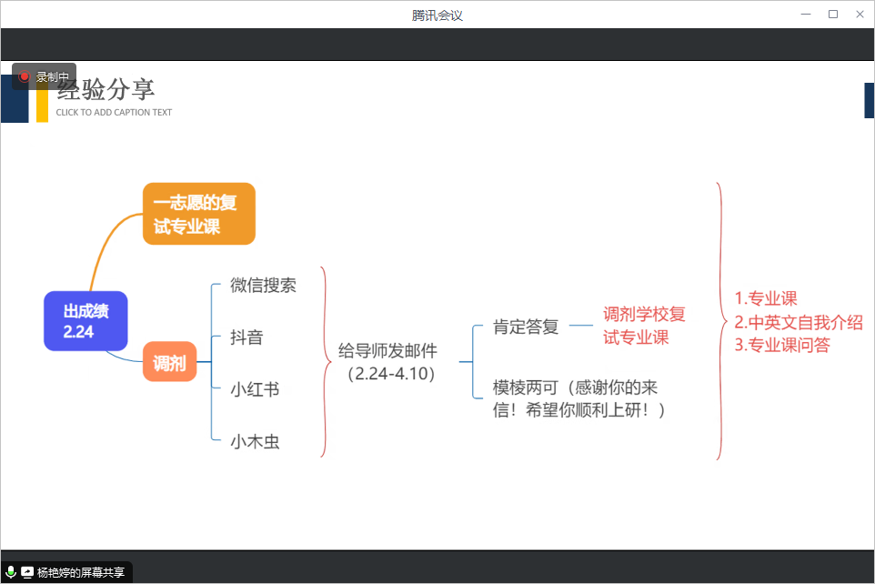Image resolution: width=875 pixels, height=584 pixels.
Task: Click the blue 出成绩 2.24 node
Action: click(85, 321)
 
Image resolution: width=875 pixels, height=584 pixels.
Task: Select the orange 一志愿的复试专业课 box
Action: click(199, 214)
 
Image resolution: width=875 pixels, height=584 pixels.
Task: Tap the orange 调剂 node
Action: click(170, 362)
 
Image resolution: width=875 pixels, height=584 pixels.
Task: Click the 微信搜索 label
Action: click(264, 286)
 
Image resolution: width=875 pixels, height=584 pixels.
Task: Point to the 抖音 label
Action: click(246, 337)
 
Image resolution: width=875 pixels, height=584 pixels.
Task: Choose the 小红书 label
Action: click(255, 389)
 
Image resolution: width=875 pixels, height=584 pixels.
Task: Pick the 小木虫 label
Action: click(255, 441)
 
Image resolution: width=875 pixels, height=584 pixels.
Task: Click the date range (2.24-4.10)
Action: click(390, 374)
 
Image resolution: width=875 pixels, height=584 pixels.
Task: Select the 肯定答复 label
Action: click(526, 327)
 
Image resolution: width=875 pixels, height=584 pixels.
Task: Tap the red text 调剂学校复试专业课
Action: click(644, 326)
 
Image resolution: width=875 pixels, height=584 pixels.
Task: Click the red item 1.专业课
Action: click(766, 298)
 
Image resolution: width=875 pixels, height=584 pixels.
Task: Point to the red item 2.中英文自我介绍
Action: click(799, 322)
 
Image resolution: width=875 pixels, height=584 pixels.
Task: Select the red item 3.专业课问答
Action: click(782, 345)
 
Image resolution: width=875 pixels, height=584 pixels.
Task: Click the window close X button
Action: click(860, 14)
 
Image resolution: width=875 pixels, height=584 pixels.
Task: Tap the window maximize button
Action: click(833, 14)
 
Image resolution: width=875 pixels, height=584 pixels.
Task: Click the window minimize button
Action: click(806, 14)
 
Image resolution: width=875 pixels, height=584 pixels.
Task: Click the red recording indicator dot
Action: click(24, 76)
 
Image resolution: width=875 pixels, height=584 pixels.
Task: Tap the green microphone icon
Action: click(10, 571)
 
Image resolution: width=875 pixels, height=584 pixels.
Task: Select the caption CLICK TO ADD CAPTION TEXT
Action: click(114, 112)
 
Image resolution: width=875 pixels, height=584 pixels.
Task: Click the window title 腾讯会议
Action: click(437, 15)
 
